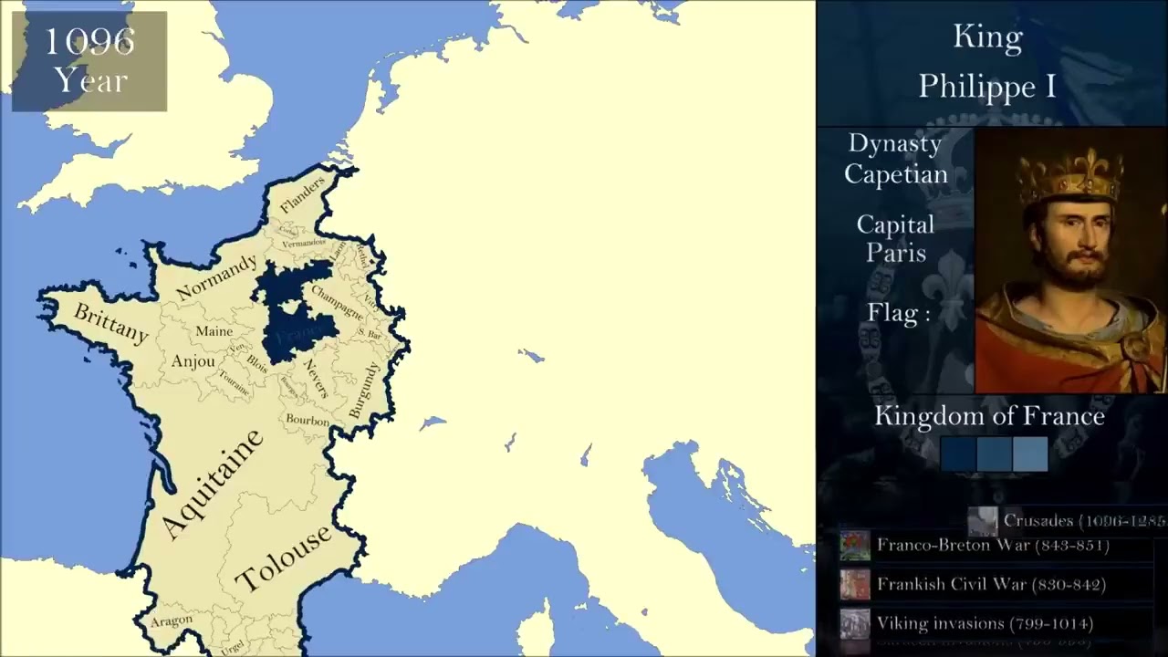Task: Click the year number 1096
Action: pyautogui.click(x=89, y=41)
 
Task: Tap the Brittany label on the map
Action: pyautogui.click(x=110, y=324)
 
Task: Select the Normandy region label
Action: pyautogui.click(x=216, y=277)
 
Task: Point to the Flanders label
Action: pyautogui.click(x=302, y=194)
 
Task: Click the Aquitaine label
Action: pyautogui.click(x=213, y=484)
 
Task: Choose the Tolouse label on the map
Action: pyautogui.click(x=283, y=558)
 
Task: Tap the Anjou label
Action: pyautogui.click(x=193, y=361)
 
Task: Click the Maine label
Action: pyautogui.click(x=214, y=331)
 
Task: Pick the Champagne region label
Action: pyautogui.click(x=338, y=302)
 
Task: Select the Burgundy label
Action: pyautogui.click(x=363, y=391)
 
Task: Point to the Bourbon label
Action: pyautogui.click(x=308, y=421)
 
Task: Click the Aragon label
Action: pyautogui.click(x=172, y=621)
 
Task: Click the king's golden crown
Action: pyautogui.click(x=1070, y=176)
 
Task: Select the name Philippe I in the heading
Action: pyautogui.click(x=987, y=86)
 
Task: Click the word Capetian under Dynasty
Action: pyautogui.click(x=895, y=173)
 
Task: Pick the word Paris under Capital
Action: pyautogui.click(x=895, y=253)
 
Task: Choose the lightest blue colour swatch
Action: pyautogui.click(x=1030, y=454)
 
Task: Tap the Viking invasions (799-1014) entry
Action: pyautogui.click(x=985, y=623)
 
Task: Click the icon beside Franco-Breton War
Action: pyautogui.click(x=855, y=546)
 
